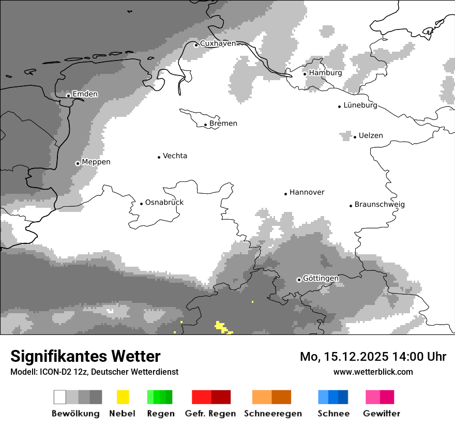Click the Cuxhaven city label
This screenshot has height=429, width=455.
218,43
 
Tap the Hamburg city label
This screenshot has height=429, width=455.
325,73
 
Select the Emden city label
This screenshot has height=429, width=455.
85,94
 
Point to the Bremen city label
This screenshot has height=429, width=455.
223,124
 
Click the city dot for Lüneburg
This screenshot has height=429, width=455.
340,106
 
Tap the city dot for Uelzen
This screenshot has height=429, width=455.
355,137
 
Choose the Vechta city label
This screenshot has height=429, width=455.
175,156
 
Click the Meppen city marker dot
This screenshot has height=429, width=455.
78,163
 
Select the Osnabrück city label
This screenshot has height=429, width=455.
164,203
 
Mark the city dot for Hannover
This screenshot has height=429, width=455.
285,194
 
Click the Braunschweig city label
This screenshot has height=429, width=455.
380,205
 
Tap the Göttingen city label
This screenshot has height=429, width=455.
321,279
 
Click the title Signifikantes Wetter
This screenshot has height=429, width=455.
85,356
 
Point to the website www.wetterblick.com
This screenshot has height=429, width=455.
373,372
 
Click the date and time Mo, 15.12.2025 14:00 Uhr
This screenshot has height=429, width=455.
373,357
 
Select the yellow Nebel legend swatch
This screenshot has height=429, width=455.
123,397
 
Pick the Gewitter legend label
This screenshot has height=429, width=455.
381,413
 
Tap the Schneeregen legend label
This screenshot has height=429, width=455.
273,413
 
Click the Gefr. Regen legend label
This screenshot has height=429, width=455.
210,413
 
